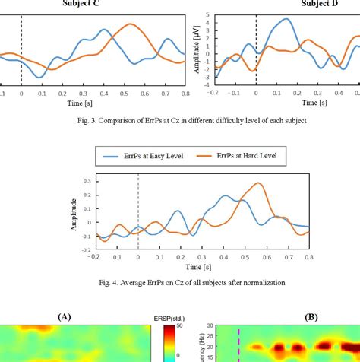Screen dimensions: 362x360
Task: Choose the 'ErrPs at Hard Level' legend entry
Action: [237, 157]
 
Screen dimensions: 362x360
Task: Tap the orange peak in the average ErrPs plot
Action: [259, 183]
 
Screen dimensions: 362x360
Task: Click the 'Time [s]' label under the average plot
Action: [201, 267]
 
